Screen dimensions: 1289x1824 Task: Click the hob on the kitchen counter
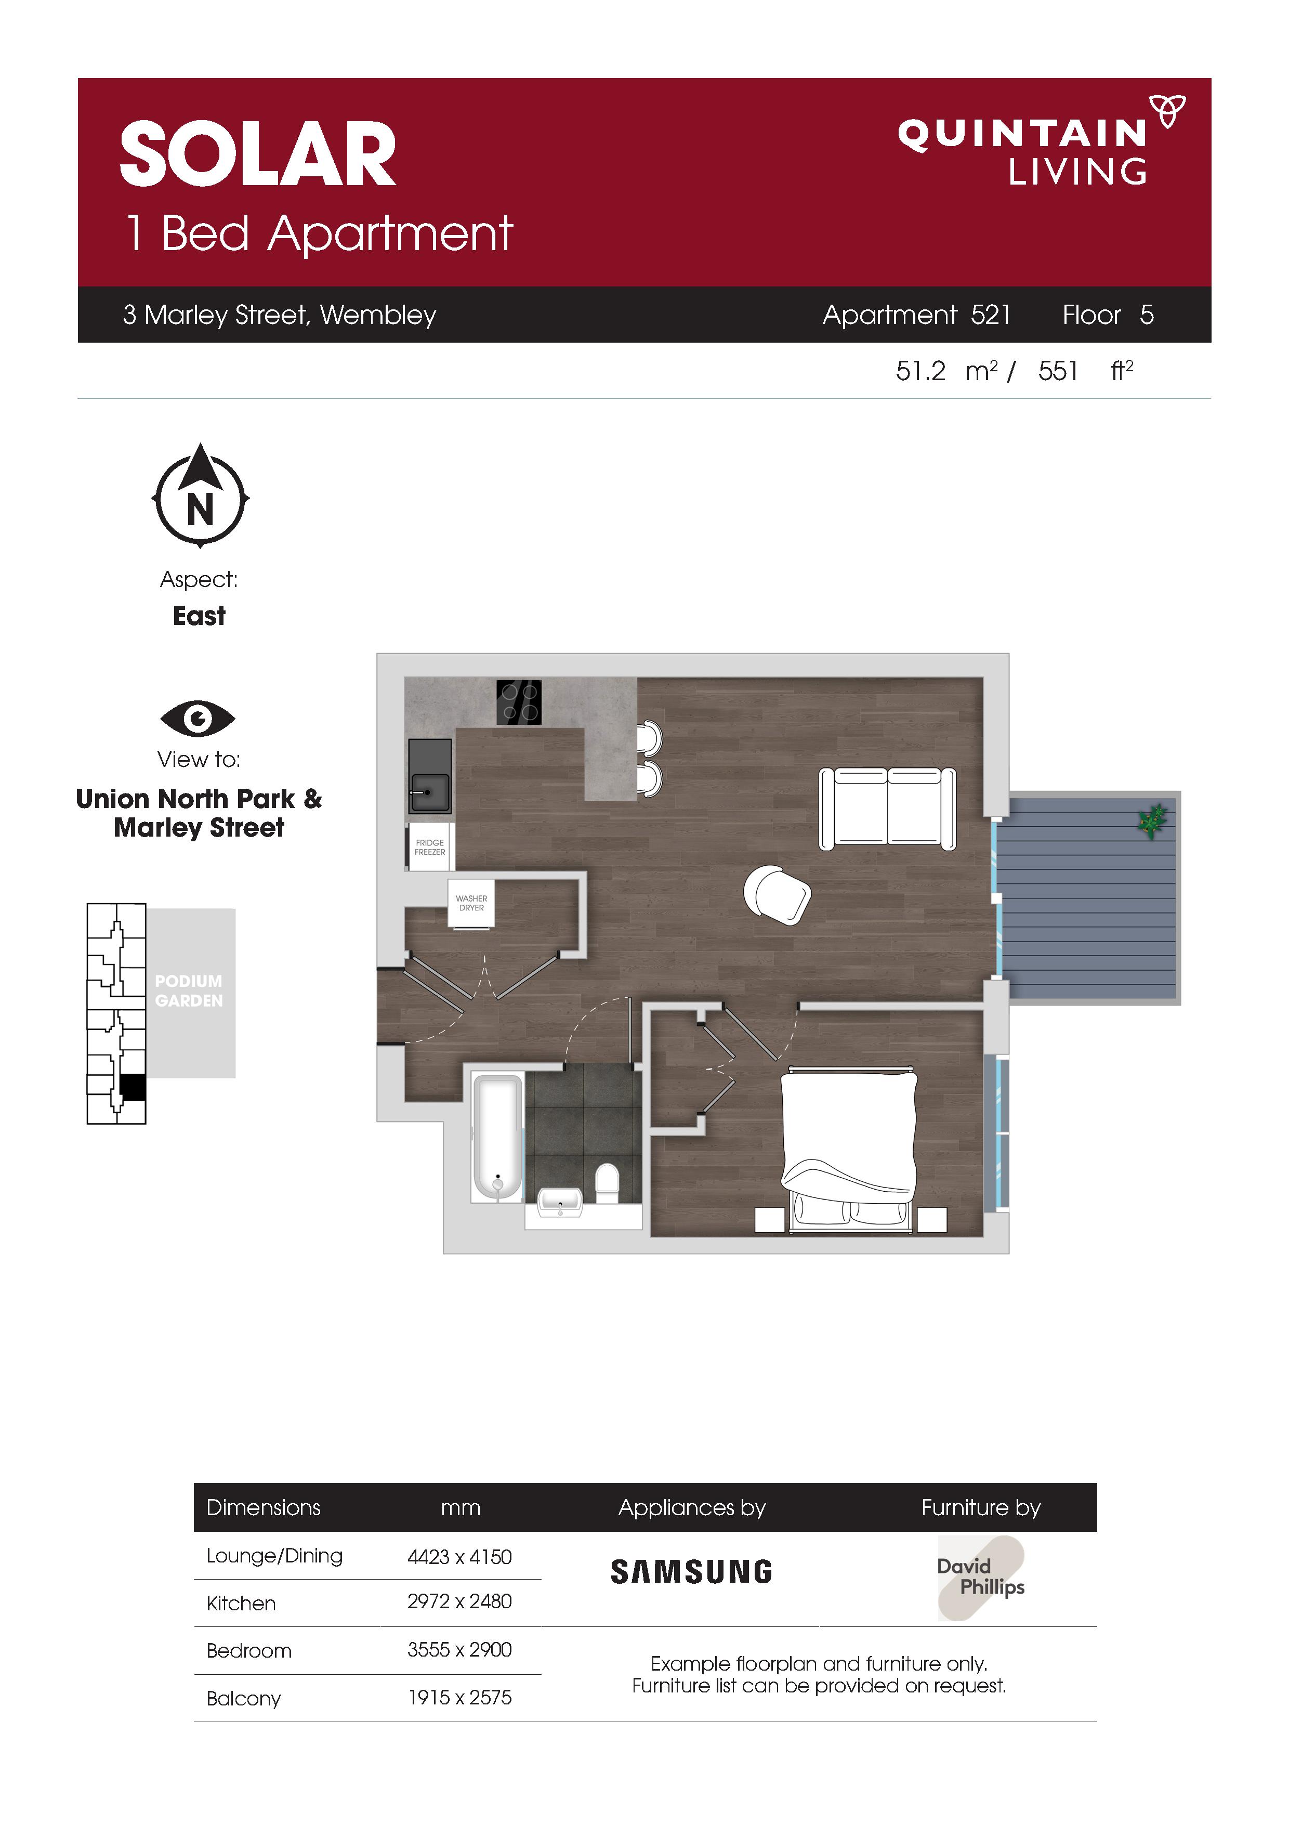[x=519, y=702]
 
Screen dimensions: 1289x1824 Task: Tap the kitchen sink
[x=430, y=776]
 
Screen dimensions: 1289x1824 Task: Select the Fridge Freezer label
[x=430, y=847]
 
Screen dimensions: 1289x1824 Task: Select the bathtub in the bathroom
[x=498, y=1137]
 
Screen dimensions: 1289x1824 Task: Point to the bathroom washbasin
[x=561, y=1202]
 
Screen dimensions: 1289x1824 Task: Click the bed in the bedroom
[x=849, y=1149]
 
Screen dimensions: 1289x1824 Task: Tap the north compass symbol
[x=200, y=495]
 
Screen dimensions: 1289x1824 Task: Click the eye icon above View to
[x=198, y=719]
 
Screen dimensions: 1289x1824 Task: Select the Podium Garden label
[x=189, y=991]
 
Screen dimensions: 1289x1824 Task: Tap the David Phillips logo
[x=981, y=1578]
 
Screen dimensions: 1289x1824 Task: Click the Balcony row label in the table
[x=244, y=1699]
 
